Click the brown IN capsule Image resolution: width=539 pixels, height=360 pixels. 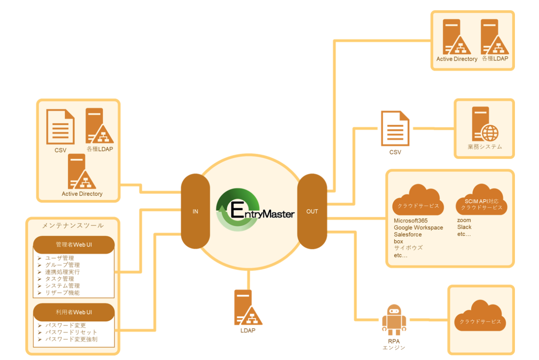195,211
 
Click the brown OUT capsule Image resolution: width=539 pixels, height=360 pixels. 312,211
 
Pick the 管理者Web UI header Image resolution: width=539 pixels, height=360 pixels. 73,245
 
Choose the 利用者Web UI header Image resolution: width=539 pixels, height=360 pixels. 73,312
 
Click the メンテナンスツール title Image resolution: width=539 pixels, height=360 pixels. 73,225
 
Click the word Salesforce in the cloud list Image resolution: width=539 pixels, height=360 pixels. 408,234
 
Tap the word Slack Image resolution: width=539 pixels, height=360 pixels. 464,227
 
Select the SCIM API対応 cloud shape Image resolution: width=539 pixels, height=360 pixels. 481,201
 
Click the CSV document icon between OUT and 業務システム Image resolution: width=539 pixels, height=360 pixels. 395,128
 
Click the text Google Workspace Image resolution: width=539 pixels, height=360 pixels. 418,227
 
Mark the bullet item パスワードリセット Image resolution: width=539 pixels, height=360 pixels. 71,332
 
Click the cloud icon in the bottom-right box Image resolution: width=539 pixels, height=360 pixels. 480,317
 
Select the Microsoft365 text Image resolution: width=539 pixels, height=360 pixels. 410,221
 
